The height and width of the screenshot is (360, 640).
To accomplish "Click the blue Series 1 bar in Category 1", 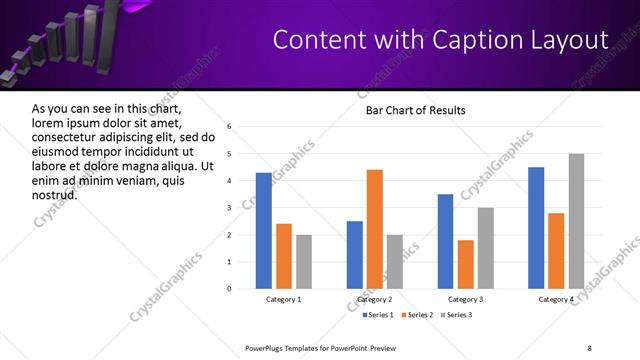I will (x=263, y=231).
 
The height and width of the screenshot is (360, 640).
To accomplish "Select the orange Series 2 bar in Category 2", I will (x=374, y=229).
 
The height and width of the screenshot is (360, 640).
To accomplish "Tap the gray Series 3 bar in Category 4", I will (x=576, y=221).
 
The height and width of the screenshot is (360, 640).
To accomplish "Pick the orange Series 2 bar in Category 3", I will (x=465, y=264).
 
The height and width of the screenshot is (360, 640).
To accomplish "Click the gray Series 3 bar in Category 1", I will (x=303, y=262).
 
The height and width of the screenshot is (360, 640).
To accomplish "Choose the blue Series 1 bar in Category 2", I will (x=354, y=255).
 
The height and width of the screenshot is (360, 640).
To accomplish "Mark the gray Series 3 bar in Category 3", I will (x=485, y=248).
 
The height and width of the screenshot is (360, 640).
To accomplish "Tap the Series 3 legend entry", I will (x=458, y=315).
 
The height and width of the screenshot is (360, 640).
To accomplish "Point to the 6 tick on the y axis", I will (x=229, y=127).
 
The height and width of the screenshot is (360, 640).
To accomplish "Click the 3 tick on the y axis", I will (x=229, y=208).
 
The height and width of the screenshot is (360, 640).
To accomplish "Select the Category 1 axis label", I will (x=283, y=299).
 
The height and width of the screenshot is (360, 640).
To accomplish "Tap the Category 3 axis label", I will (x=465, y=299).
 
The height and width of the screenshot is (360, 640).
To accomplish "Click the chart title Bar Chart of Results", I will (x=415, y=110).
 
